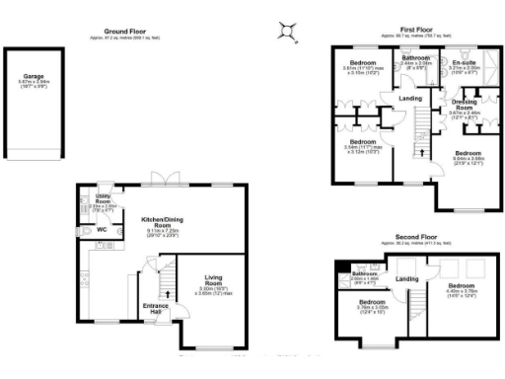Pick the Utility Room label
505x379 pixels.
[102, 199]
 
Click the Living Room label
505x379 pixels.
[218, 279]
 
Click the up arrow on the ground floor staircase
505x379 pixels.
[167, 293]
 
